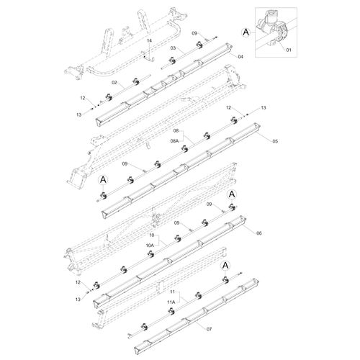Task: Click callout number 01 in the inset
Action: coord(289,50)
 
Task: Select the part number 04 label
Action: coord(240,56)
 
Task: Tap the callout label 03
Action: coord(173,48)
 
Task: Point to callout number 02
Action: coord(114,83)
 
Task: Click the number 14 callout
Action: coord(150,41)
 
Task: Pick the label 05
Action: coord(275,141)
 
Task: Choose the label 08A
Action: coord(174,141)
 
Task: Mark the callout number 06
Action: coord(259,233)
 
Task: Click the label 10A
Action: coord(150,246)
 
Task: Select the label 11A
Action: coord(171,302)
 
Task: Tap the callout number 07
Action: coord(210,329)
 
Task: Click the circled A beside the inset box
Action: coord(246,32)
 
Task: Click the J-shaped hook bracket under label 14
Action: coord(149,59)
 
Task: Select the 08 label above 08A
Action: coord(176,131)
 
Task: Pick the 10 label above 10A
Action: coord(151,235)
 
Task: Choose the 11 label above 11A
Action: coord(173,292)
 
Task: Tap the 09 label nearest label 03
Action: coord(194,33)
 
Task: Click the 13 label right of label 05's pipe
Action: coord(264,108)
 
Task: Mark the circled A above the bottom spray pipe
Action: coord(225,266)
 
